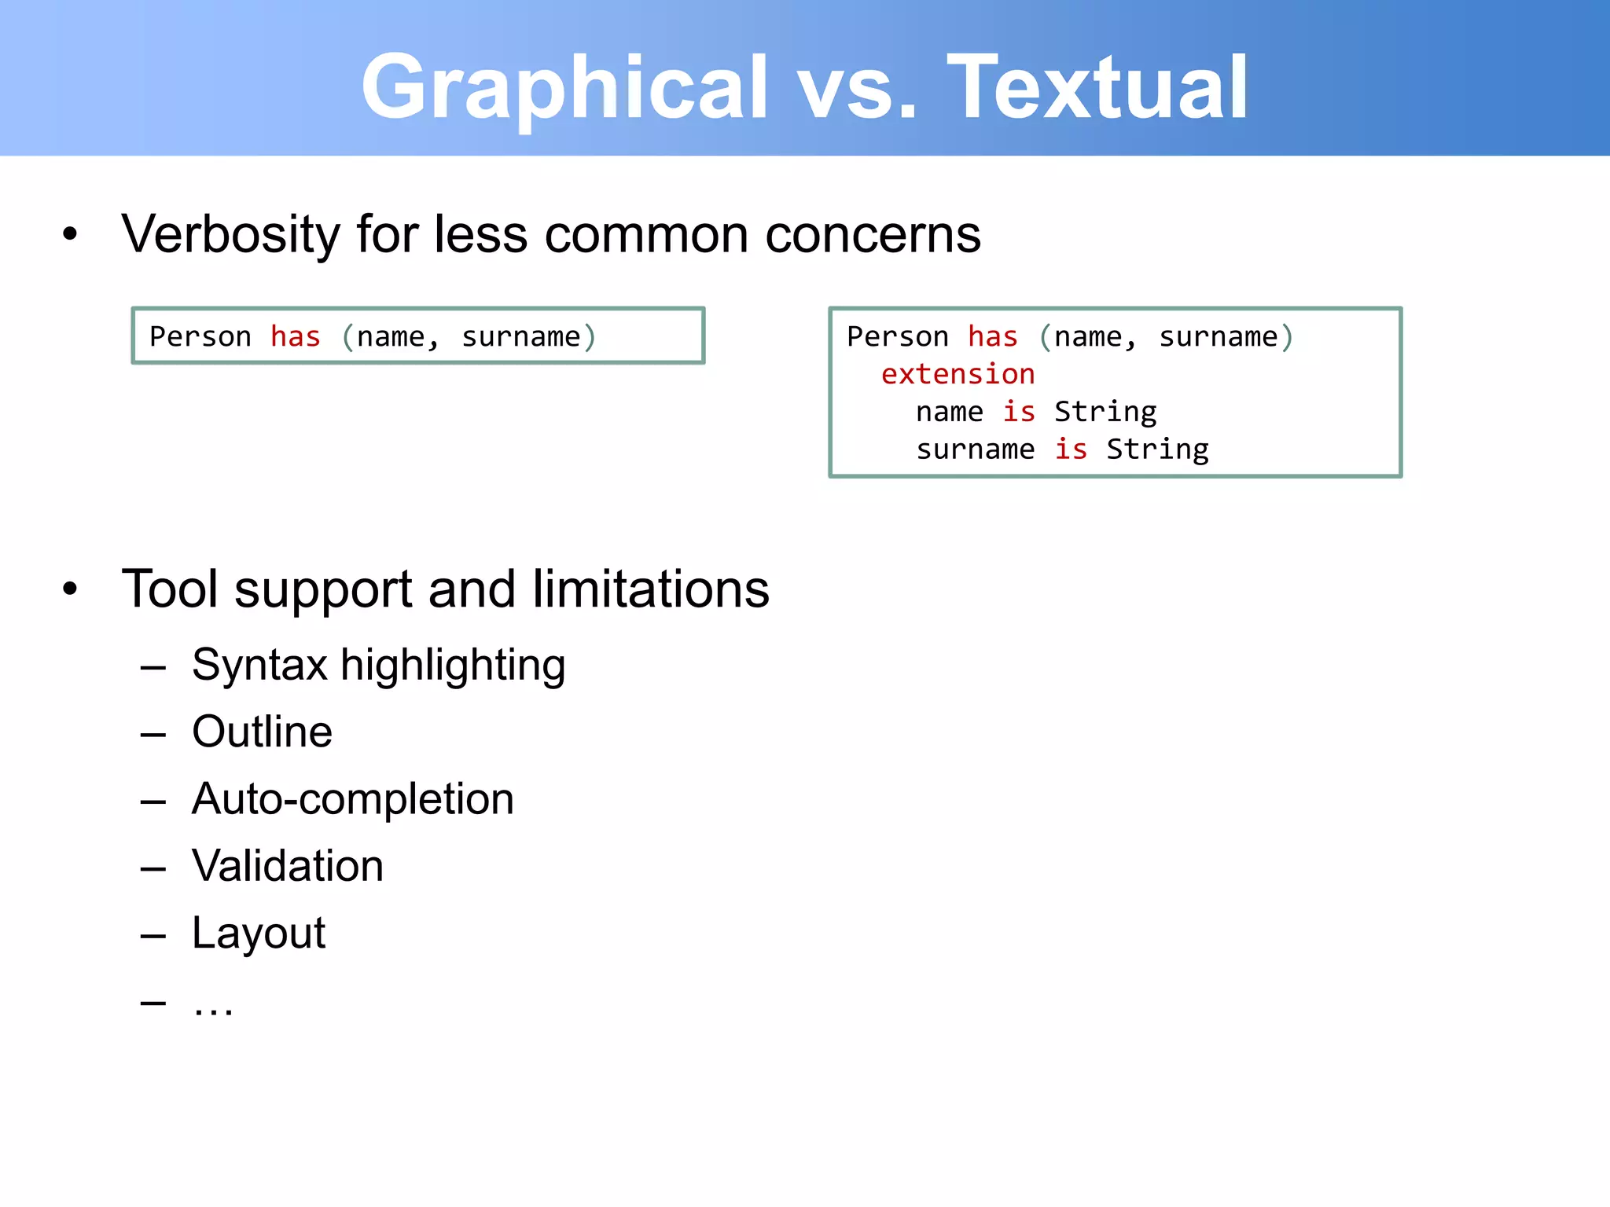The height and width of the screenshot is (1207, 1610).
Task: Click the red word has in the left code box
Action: tap(295, 337)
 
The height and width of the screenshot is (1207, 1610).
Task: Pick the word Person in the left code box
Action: tap(200, 337)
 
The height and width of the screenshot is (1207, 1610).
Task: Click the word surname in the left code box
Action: tap(520, 337)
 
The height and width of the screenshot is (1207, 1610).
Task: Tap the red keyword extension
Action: tap(958, 375)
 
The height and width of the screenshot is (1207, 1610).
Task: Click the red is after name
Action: tap(1019, 412)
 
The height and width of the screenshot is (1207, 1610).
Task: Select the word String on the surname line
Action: tap(1157, 449)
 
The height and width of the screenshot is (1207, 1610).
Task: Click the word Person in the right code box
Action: tap(897, 337)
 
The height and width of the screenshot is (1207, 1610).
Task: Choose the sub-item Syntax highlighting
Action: tap(378, 665)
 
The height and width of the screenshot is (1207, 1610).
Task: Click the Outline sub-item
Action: tap(262, 732)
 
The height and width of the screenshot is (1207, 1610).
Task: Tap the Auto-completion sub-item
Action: tap(352, 799)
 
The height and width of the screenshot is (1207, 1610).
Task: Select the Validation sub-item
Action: tap(287, 866)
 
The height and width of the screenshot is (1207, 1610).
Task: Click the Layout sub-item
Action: tap(258, 934)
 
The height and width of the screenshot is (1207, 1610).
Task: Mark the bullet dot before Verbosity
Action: tap(70, 233)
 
